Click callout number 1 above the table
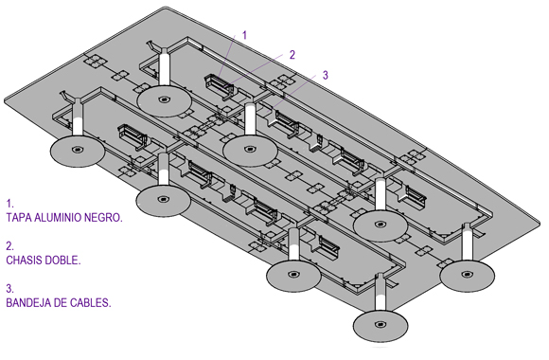coord(245,35)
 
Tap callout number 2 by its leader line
coord(292,55)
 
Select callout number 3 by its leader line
coord(326,75)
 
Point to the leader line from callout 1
coord(226,56)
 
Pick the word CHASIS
coord(23,261)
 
